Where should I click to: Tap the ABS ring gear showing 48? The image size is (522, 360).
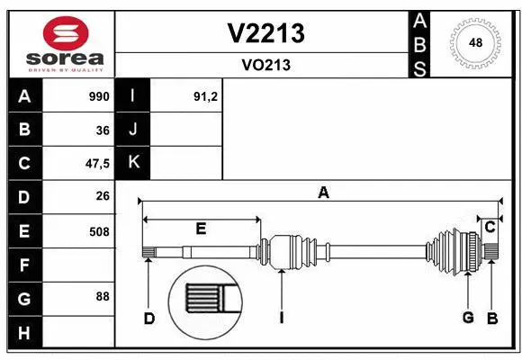473,42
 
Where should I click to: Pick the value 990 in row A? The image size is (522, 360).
98,96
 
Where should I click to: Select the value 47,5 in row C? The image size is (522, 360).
96,163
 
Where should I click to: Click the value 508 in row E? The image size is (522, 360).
98,230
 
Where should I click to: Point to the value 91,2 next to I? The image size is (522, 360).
205,96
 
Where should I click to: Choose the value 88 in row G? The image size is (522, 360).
102,296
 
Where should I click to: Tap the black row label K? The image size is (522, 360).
133,163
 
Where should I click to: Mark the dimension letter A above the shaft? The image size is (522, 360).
322,191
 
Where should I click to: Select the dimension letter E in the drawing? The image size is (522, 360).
201,229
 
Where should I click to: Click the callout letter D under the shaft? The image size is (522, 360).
149,318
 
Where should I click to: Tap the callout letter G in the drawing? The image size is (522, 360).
468,318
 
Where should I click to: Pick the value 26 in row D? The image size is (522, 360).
102,196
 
